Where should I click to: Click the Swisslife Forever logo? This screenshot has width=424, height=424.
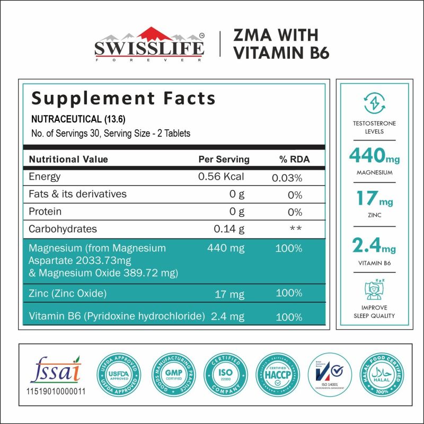pos(149,45)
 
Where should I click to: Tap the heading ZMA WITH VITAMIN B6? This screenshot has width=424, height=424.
pos(276,45)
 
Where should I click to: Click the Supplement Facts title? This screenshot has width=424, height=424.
pos(123,99)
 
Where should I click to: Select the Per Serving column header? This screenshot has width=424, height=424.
pos(224,160)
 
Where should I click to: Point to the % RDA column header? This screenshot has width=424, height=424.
pos(294,160)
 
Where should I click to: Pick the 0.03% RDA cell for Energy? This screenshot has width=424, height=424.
pos(287,178)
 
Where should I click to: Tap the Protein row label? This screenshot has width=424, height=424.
pos(45,211)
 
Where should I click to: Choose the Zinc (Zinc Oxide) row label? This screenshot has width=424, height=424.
pos(68,293)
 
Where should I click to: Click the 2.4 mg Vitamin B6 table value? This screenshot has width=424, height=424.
pos(228,316)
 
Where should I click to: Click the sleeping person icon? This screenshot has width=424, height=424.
pos(374,288)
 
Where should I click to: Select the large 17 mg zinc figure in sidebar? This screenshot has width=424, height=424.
pos(374,200)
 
